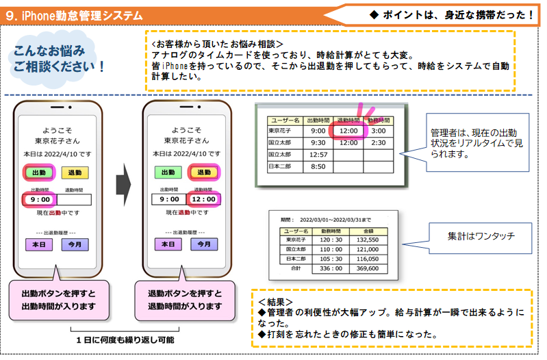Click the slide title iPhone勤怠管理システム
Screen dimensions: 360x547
point(75,14)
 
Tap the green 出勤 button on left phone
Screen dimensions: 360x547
point(40,173)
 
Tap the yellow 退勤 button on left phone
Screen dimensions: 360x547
point(75,173)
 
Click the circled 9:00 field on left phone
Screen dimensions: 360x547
point(38,200)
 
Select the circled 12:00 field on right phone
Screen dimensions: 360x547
point(202,200)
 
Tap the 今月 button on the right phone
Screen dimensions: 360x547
point(203,244)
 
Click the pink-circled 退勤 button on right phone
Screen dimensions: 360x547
point(203,173)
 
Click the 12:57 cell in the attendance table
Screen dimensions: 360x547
point(318,155)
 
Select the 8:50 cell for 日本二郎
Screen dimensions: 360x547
point(318,166)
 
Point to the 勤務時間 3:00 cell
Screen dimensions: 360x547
point(378,131)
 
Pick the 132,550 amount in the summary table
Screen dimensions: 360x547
point(368,240)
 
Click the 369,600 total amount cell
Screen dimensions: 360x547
point(368,268)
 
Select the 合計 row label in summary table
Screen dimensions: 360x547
point(296,268)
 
